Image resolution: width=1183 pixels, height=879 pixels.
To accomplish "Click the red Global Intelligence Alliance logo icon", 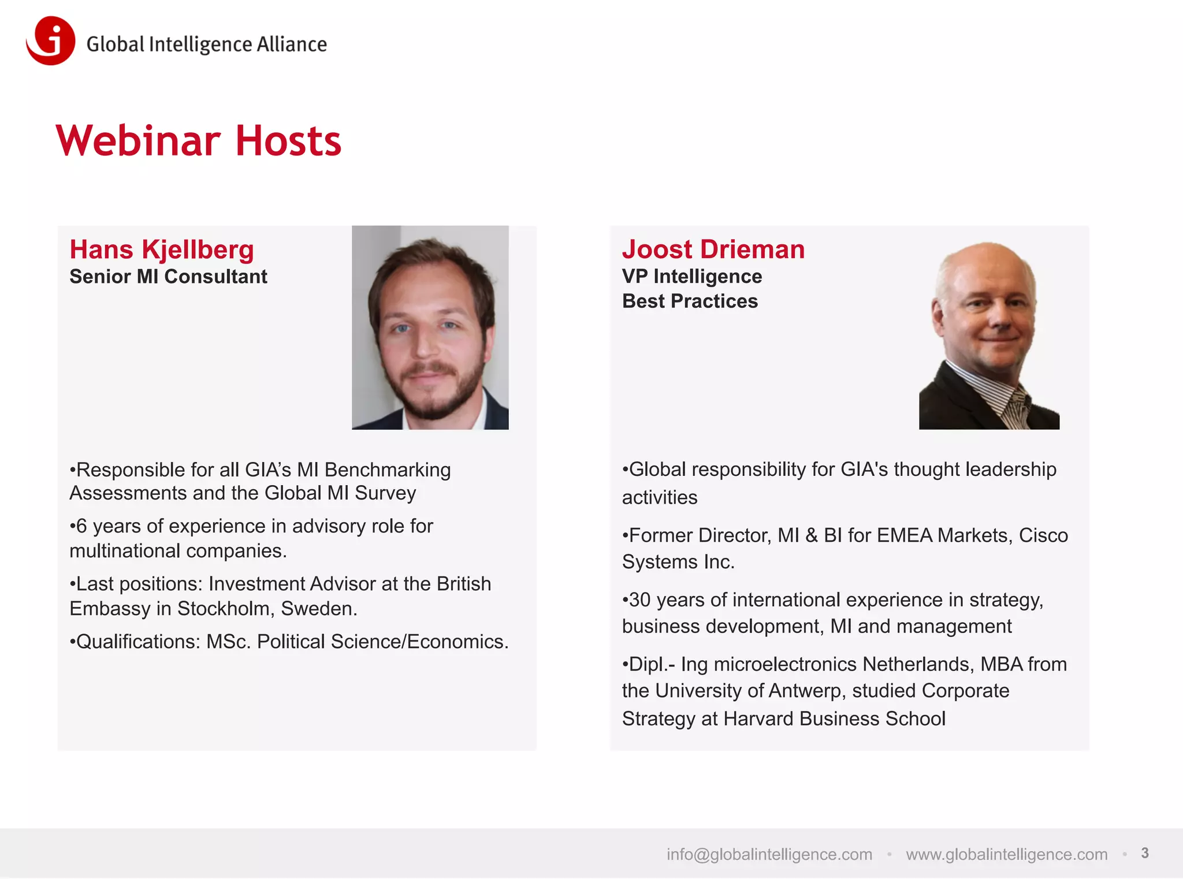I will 51,40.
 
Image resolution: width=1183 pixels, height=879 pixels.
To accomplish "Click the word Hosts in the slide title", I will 288,141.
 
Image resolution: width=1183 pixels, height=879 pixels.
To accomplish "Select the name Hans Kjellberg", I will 162,249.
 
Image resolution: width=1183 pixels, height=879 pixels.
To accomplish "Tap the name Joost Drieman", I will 713,249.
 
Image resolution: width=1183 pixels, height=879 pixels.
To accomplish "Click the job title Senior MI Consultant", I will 168,277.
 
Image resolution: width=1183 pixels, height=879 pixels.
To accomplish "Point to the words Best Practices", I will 690,301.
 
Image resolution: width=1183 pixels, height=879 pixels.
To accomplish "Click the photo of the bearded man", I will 430,327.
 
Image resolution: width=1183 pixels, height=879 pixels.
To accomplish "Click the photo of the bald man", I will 989,335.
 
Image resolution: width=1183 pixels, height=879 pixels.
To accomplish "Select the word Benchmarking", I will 388,470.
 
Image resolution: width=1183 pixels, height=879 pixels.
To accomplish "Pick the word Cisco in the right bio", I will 1043,535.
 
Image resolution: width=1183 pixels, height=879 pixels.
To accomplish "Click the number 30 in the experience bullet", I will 639,600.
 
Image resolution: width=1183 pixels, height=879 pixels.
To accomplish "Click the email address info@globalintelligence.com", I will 769,854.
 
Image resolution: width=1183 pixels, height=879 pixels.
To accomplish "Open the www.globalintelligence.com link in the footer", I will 1006,854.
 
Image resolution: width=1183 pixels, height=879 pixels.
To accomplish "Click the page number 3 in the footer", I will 1145,853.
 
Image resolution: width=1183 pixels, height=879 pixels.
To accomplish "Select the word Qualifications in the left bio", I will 137,642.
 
